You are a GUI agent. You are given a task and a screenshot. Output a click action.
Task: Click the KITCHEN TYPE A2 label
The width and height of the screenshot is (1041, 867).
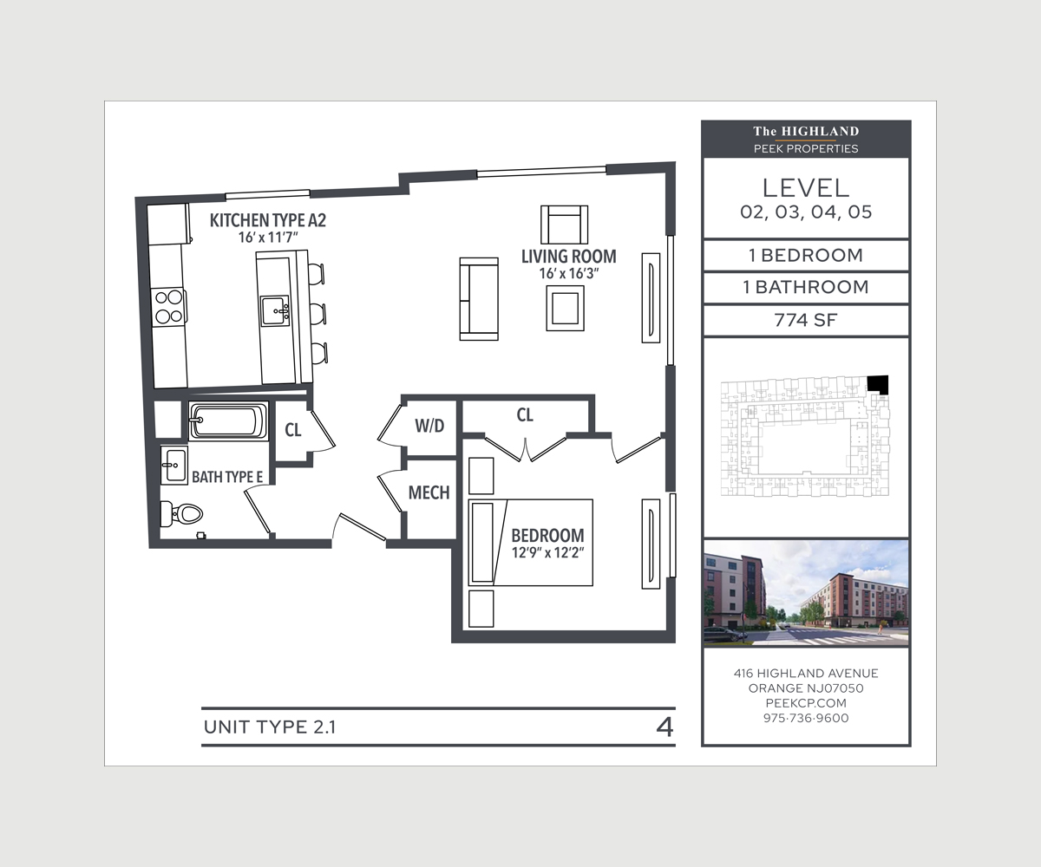coord(268,220)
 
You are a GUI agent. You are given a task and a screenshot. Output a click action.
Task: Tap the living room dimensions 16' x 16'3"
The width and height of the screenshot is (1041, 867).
coord(569,274)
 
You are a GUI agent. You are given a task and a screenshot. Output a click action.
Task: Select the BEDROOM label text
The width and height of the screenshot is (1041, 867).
coord(547,536)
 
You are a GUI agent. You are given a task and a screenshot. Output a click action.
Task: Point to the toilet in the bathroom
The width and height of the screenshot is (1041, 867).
coord(181,514)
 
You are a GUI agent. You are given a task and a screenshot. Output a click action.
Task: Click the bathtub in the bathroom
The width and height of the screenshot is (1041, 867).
coord(229,421)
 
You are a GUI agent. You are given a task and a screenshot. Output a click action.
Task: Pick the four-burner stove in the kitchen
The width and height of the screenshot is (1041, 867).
coord(168,307)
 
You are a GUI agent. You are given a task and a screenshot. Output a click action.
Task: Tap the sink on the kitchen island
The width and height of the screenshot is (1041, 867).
coord(275,311)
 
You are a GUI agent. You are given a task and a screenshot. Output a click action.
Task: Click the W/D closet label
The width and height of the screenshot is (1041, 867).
coord(429,426)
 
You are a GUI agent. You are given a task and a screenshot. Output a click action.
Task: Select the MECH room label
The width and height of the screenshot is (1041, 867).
coord(429,492)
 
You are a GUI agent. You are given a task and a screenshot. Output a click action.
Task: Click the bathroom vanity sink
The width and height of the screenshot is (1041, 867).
coord(174,466)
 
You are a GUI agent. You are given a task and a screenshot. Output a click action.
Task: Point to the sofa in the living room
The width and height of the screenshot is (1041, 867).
coord(479,299)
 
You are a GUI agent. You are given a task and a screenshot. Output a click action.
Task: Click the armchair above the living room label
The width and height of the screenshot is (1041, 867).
coord(565,225)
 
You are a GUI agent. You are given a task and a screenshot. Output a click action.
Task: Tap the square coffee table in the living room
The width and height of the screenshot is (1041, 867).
coord(565,308)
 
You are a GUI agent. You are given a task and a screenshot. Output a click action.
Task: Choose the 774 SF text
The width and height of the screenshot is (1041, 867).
coord(806,320)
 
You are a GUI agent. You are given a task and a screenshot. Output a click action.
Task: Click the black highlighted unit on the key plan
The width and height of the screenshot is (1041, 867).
coord(877,385)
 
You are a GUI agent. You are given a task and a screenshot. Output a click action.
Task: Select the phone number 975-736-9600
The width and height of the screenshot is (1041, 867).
coord(806,718)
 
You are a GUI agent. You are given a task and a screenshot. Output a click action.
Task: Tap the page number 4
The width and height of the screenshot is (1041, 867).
coord(665,727)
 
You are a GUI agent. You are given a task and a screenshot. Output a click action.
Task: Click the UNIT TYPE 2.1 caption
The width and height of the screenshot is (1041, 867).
coord(270,727)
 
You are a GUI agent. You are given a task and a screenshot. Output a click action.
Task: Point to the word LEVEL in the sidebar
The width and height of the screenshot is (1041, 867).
coord(806,188)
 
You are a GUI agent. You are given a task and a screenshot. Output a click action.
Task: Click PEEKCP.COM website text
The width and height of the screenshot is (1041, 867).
coord(806,703)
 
